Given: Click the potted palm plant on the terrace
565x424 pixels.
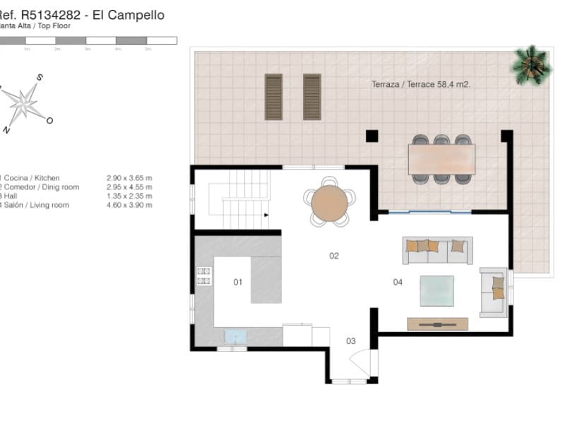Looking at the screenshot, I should click(x=531, y=64).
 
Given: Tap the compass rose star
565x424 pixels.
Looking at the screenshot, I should click(x=24, y=103).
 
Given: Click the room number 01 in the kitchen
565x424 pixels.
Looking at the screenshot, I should click(x=238, y=282).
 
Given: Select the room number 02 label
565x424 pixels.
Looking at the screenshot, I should click(x=334, y=255).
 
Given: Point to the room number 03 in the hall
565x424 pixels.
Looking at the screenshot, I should click(x=351, y=341).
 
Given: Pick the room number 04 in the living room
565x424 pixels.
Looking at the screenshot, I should click(x=398, y=282).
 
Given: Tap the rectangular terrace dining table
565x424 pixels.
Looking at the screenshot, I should click(x=441, y=159).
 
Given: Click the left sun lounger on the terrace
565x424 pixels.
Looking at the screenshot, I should click(x=273, y=97).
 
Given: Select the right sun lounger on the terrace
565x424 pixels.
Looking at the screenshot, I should click(x=312, y=97).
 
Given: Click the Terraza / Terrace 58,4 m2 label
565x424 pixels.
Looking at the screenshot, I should click(x=421, y=84).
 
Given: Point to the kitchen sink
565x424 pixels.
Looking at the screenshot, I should click(x=235, y=336).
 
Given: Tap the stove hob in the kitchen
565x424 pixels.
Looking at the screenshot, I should click(x=204, y=276).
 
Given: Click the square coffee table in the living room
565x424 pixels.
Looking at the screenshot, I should click(x=436, y=290).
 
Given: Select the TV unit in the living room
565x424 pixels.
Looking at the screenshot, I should click(x=437, y=324).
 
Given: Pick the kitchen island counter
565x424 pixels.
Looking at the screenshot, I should click(x=266, y=279).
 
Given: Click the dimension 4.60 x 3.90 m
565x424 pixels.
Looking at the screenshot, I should click(x=129, y=205).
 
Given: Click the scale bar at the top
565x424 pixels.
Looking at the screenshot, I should click(x=88, y=41).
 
